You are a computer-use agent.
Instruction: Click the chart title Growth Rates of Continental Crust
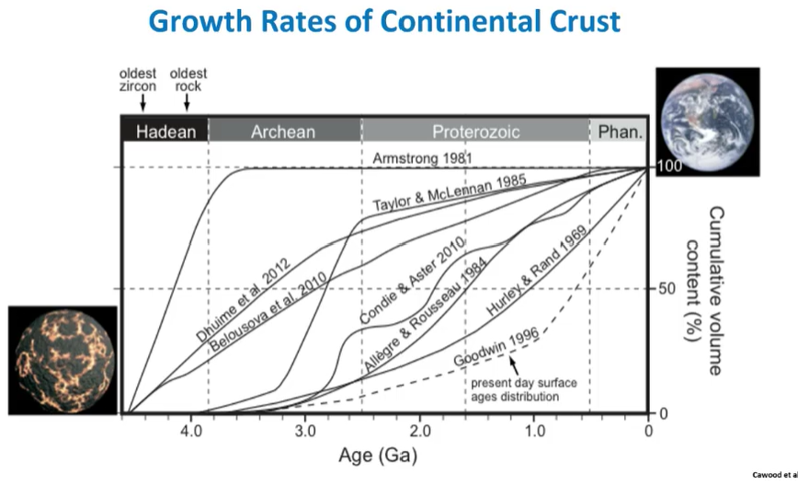(x=384, y=21)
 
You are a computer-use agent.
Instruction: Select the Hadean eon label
(x=166, y=132)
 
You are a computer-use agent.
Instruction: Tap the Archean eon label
(x=283, y=132)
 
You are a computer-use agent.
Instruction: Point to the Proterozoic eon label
(x=476, y=132)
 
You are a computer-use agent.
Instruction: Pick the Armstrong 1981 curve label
(x=422, y=158)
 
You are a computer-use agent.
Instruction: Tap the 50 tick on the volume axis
(x=667, y=289)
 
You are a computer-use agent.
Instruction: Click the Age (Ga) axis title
(x=384, y=454)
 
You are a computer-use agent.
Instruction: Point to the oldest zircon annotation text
(x=138, y=80)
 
